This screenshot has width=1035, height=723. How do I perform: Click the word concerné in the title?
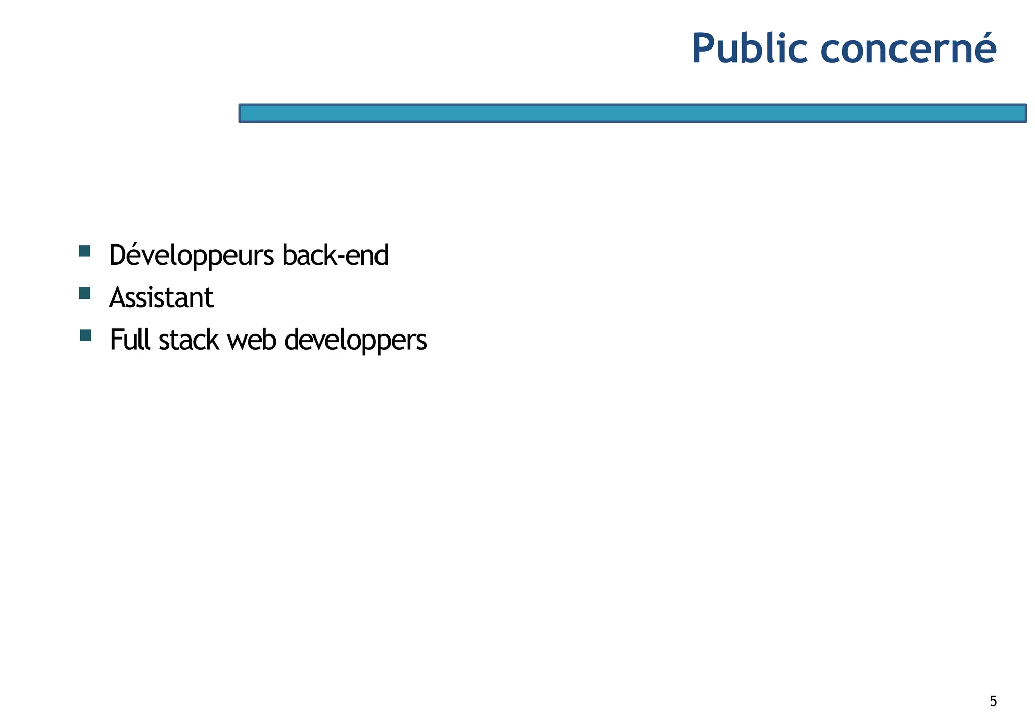[x=908, y=49]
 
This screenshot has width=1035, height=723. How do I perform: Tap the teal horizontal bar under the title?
[x=632, y=113]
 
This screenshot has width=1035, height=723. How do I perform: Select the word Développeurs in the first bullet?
[x=192, y=256]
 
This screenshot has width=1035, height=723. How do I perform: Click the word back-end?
[x=335, y=255]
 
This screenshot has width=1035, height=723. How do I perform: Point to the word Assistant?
[x=161, y=298]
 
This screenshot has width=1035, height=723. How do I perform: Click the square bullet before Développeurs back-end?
[x=85, y=251]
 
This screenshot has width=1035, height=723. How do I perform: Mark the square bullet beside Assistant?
[x=85, y=293]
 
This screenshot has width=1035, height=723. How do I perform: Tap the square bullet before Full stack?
[x=85, y=335]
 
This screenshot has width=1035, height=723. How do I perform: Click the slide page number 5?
[x=993, y=701]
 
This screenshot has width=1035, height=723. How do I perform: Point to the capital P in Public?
[x=704, y=49]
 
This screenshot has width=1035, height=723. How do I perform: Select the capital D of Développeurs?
[x=117, y=255]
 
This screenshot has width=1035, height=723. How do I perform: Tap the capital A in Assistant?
[x=117, y=298]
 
